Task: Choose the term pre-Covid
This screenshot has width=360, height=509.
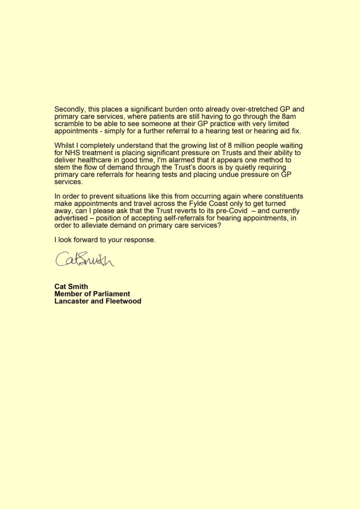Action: tap(228, 211)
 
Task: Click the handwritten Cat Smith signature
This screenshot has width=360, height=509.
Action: tap(84, 259)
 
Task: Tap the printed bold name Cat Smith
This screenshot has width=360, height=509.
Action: tap(71, 286)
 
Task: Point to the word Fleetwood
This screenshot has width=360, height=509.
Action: tap(123, 301)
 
